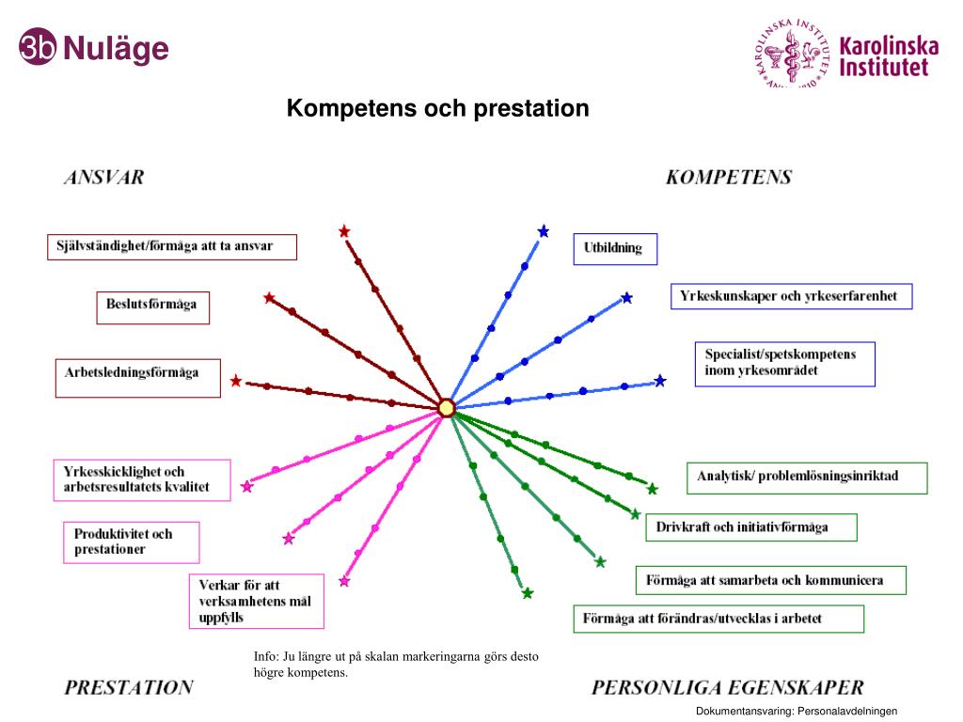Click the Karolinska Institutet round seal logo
tap(792, 54)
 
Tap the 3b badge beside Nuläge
tap(38, 48)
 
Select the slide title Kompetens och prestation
tap(438, 109)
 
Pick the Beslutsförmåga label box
tap(151, 307)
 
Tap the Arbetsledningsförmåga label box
tap(137, 373)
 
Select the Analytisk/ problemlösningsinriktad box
tap(807, 477)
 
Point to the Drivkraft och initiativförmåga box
tap(750, 527)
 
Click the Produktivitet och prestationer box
tap(132, 541)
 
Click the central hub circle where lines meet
tap(447, 408)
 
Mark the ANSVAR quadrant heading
tap(104, 177)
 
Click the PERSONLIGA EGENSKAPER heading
tap(728, 687)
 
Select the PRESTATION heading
tap(129, 687)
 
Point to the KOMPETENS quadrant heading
tap(729, 177)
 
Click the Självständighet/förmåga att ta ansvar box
tap(172, 246)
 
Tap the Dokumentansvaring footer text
tap(797, 712)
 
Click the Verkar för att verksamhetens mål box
tap(256, 601)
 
